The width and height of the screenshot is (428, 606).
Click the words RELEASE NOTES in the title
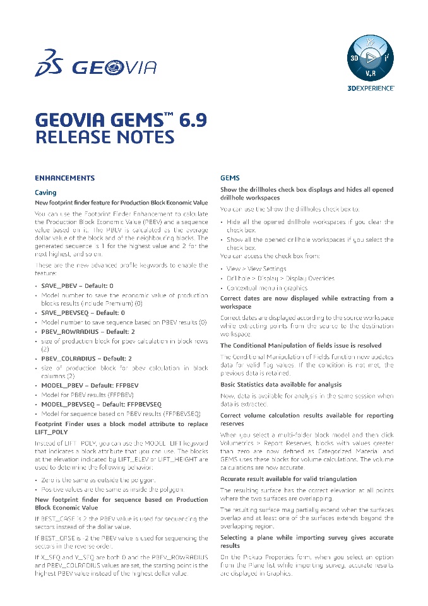(x=104, y=137)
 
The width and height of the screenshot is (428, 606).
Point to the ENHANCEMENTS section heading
(x=64, y=178)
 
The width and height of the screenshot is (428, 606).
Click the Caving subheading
(x=45, y=192)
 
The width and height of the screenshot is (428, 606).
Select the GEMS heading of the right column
(x=230, y=178)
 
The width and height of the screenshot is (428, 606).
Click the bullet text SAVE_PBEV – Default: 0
(x=77, y=286)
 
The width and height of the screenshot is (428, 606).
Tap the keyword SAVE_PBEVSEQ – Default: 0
(x=83, y=312)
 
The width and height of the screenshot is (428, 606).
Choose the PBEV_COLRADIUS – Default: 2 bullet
(x=86, y=358)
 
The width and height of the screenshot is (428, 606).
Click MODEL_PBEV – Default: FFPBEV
(x=90, y=386)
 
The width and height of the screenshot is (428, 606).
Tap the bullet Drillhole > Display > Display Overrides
(x=281, y=278)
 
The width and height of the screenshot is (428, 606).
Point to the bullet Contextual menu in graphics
(x=267, y=288)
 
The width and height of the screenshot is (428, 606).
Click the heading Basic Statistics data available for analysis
(x=281, y=384)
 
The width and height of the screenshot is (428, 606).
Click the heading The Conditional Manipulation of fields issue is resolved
(x=300, y=345)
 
